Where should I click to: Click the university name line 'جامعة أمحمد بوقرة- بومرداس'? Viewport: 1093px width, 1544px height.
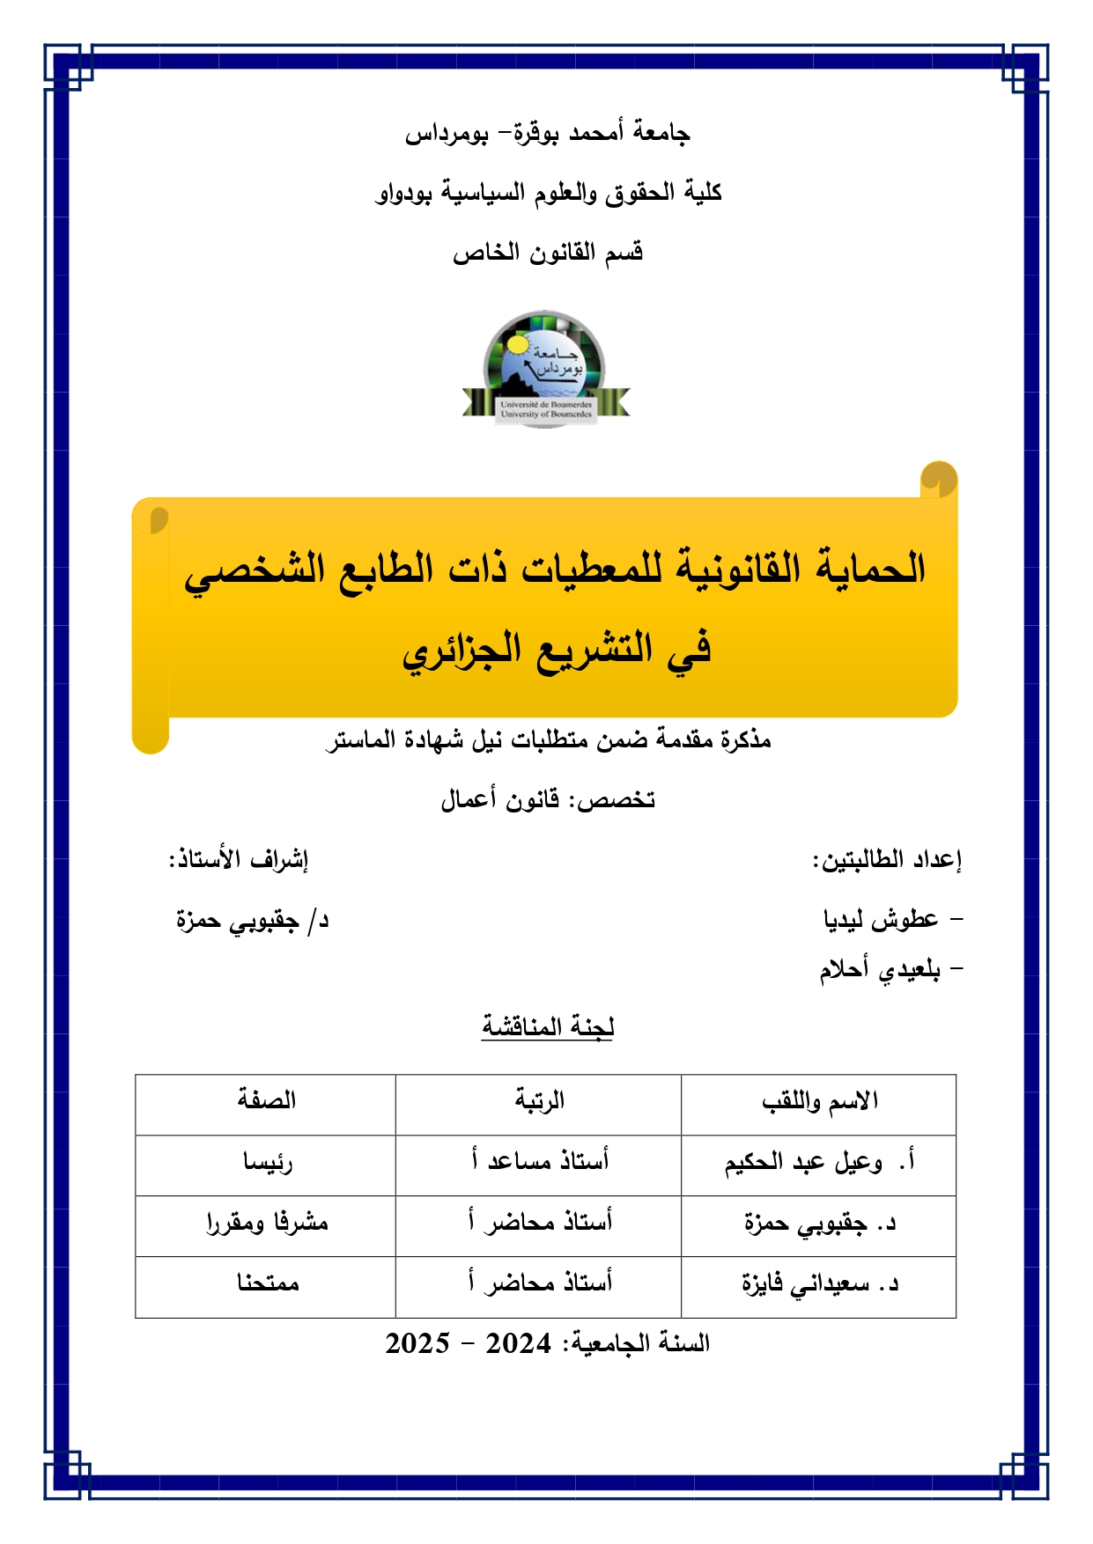(547, 134)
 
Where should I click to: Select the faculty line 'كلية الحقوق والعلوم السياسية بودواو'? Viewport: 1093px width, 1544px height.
(548, 193)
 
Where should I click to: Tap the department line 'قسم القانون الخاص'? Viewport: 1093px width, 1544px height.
(548, 254)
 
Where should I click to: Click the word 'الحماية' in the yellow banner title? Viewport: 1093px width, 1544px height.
(871, 569)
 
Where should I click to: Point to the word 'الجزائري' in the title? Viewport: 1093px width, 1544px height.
(462, 650)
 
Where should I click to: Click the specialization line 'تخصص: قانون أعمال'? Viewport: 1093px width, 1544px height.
(548, 799)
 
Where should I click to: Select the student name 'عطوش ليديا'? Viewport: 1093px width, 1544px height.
(881, 920)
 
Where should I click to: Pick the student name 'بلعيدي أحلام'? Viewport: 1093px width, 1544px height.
(880, 970)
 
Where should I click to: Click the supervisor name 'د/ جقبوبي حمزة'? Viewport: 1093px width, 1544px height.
(252, 921)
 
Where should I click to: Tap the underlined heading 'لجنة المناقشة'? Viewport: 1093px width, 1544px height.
(547, 1026)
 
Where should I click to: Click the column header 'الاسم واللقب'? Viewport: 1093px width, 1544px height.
(819, 1102)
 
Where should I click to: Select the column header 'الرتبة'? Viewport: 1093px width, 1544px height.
(539, 1101)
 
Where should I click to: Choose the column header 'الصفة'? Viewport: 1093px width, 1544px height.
(266, 1100)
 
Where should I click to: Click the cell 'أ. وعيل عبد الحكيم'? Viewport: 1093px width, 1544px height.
(819, 1163)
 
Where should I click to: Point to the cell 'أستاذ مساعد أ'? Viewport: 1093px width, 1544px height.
(539, 1162)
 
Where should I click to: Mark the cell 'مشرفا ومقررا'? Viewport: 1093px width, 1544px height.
(267, 1223)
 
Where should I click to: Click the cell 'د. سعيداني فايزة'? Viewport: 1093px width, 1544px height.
(819, 1284)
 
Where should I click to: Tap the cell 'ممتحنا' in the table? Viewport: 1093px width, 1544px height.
(268, 1283)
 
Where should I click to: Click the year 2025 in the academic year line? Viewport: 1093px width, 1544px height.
(417, 1343)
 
